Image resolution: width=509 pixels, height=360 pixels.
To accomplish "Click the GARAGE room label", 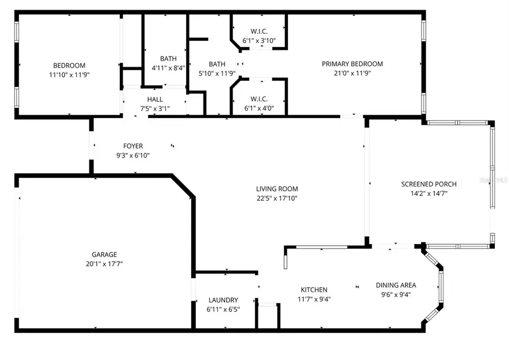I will [x=105, y=254].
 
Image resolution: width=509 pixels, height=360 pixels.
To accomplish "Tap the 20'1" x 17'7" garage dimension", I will [x=105, y=263].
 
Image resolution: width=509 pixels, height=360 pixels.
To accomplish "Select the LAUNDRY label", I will [x=223, y=300].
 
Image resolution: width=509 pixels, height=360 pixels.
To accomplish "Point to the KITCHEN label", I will [x=314, y=290].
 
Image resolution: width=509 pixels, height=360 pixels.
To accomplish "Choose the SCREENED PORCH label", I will [x=429, y=184].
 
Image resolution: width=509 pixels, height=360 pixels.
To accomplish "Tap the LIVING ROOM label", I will [x=277, y=189].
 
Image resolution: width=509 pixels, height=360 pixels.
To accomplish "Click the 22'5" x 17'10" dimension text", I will [x=277, y=198].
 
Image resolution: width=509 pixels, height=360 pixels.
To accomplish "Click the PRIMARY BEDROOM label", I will [x=352, y=64].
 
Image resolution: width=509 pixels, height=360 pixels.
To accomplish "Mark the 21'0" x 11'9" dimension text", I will [x=352, y=73].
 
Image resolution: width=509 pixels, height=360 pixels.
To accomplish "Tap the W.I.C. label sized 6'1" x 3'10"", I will [x=258, y=31].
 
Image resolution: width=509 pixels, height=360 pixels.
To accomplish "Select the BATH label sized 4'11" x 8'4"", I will [x=168, y=58].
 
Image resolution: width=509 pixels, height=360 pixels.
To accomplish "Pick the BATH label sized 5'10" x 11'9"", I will [x=217, y=64].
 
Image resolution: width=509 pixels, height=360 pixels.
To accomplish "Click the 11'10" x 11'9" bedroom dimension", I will [x=70, y=75].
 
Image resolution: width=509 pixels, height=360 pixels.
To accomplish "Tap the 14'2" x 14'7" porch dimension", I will [x=429, y=193].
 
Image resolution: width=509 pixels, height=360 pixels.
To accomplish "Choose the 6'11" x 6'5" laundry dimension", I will [x=223, y=309].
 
